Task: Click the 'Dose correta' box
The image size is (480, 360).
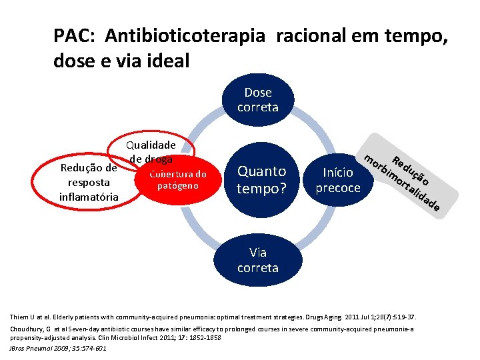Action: (x=258, y=99)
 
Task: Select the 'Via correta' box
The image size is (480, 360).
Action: (x=258, y=260)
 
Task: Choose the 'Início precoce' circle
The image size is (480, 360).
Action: (x=337, y=180)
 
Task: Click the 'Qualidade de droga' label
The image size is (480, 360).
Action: (x=151, y=152)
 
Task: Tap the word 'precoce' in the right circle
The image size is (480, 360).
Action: (x=337, y=188)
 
